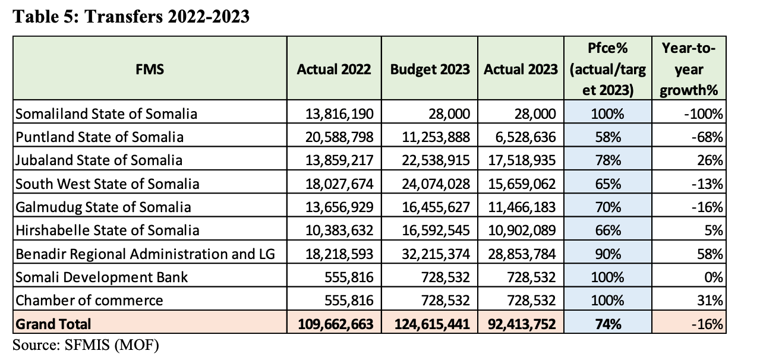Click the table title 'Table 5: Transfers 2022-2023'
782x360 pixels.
point(130,17)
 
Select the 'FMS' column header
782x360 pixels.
point(149,69)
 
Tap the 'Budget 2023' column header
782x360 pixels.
point(430,69)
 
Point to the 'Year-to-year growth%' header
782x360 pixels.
point(689,69)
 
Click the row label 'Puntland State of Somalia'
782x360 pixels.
point(99,137)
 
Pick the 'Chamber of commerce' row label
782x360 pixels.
point(89,301)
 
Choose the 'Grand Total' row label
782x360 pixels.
point(54,324)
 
